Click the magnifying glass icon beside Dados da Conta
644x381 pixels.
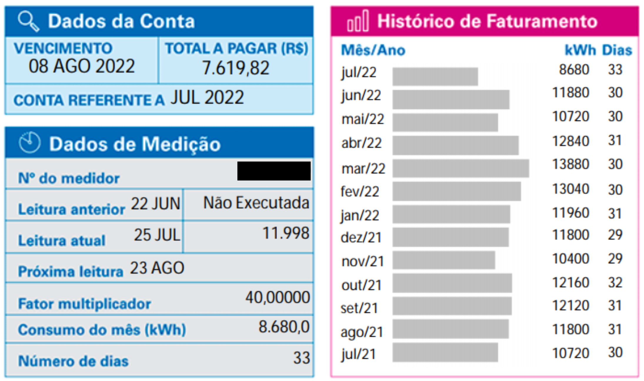[x=28, y=21]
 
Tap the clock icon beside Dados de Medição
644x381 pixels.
[x=29, y=143]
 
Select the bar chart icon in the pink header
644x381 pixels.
[x=358, y=21]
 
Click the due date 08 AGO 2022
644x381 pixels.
[x=81, y=66]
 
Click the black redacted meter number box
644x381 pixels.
[x=274, y=171]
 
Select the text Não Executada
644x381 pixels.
[x=256, y=203]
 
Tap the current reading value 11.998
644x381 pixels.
[x=286, y=233]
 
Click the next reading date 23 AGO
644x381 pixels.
[x=157, y=268]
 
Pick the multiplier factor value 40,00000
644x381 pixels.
[x=278, y=297]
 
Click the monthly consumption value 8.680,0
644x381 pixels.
[x=284, y=327]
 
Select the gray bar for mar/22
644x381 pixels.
[x=461, y=168]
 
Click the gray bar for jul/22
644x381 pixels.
[x=435, y=76]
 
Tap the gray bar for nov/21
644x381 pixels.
[x=443, y=260]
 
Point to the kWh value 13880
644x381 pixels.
[x=570, y=164]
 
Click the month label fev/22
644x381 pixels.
[x=360, y=191]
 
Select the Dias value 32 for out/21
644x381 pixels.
[x=615, y=282]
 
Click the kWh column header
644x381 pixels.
[x=580, y=50]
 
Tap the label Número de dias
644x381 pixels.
[x=73, y=361]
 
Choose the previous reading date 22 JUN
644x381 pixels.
[x=155, y=203]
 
